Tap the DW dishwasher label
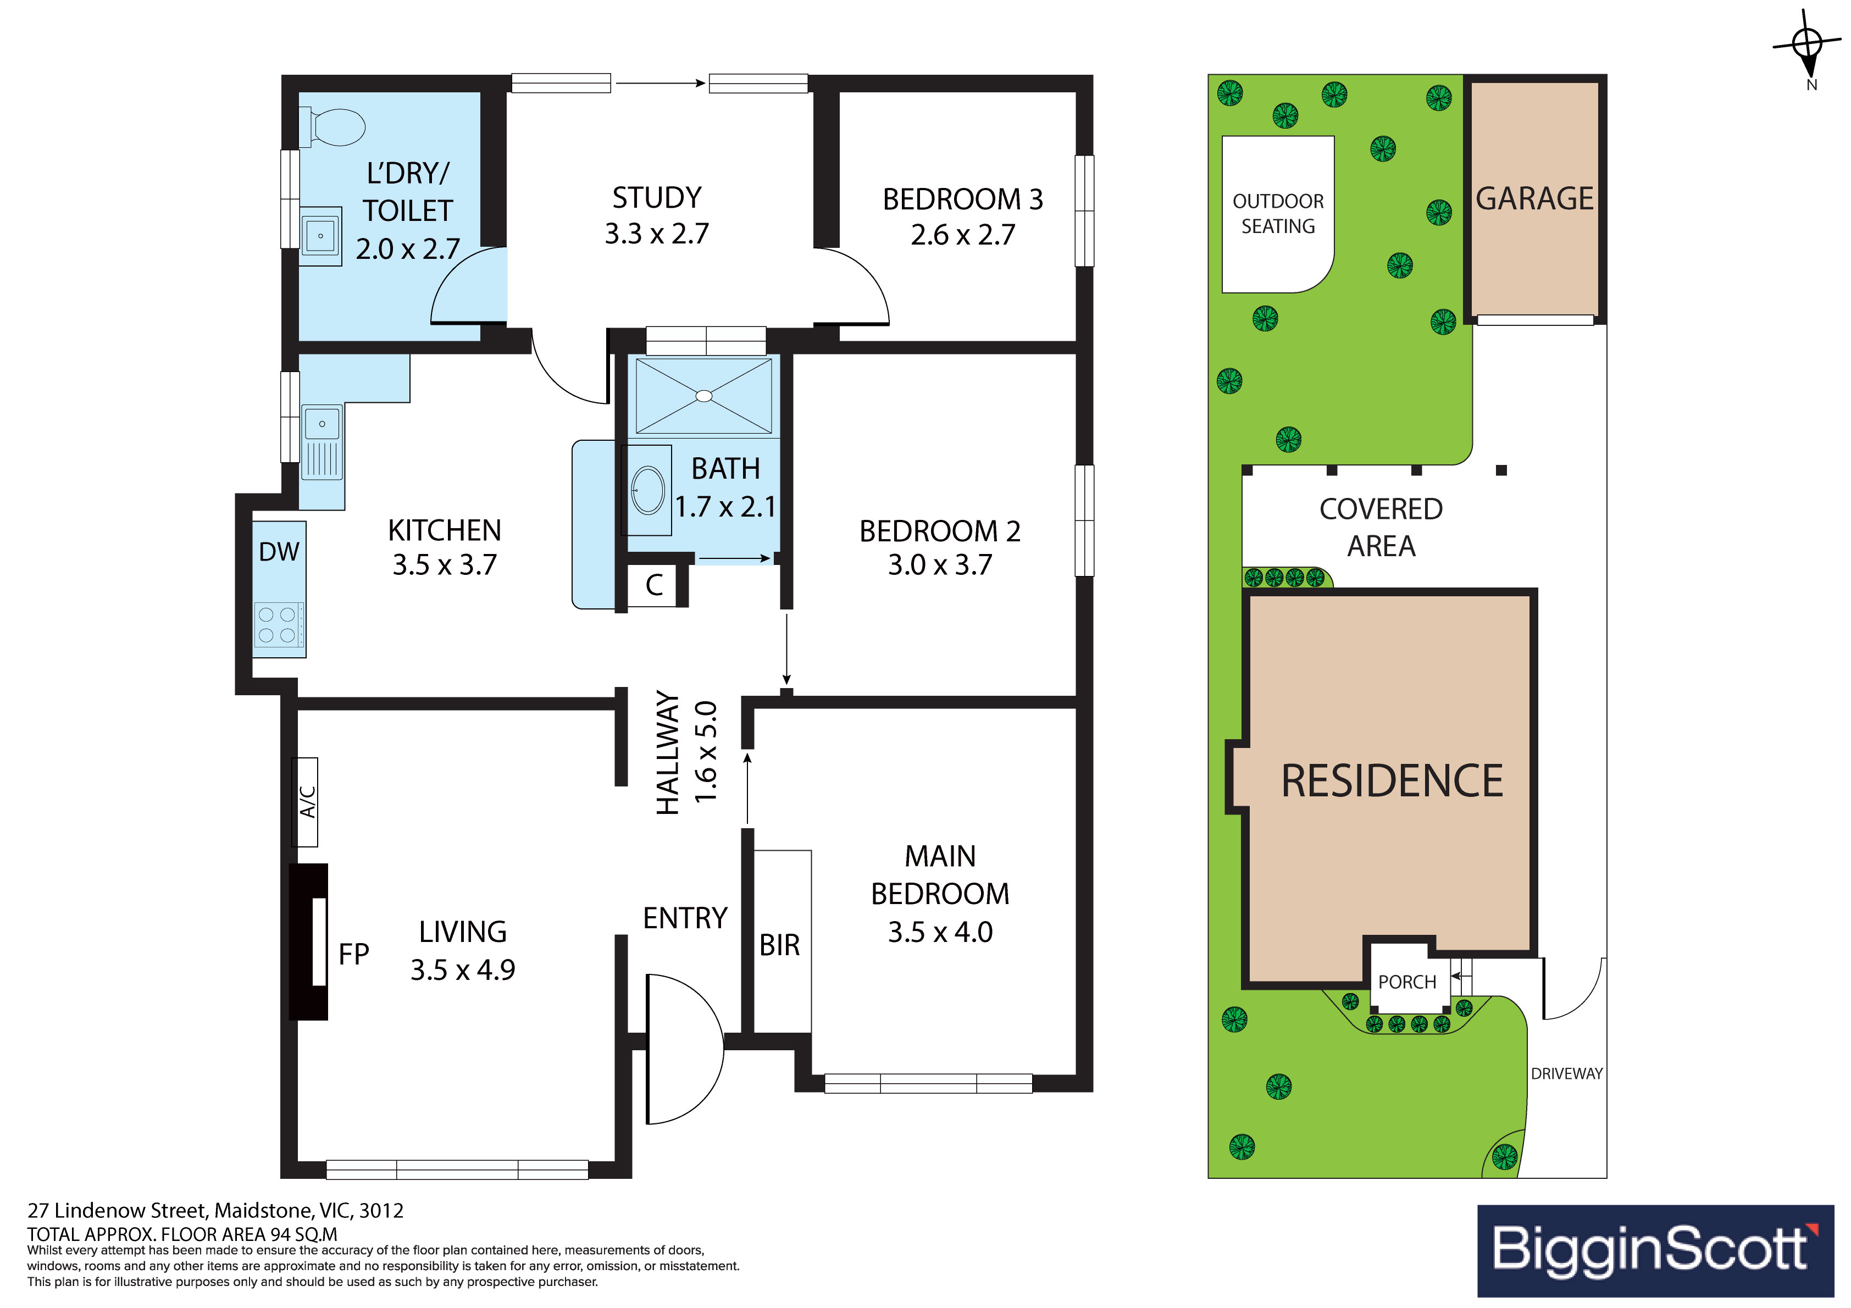point(279,552)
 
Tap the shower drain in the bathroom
point(704,396)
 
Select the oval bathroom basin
point(648,490)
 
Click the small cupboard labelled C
point(655,585)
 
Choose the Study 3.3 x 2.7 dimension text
point(657,233)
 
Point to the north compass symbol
point(1808,48)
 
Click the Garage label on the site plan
point(1534,198)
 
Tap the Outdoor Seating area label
point(1278,214)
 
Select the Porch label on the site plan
point(1407,982)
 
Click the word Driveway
point(1566,1073)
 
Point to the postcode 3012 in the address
point(381,1210)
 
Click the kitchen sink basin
point(322,423)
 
